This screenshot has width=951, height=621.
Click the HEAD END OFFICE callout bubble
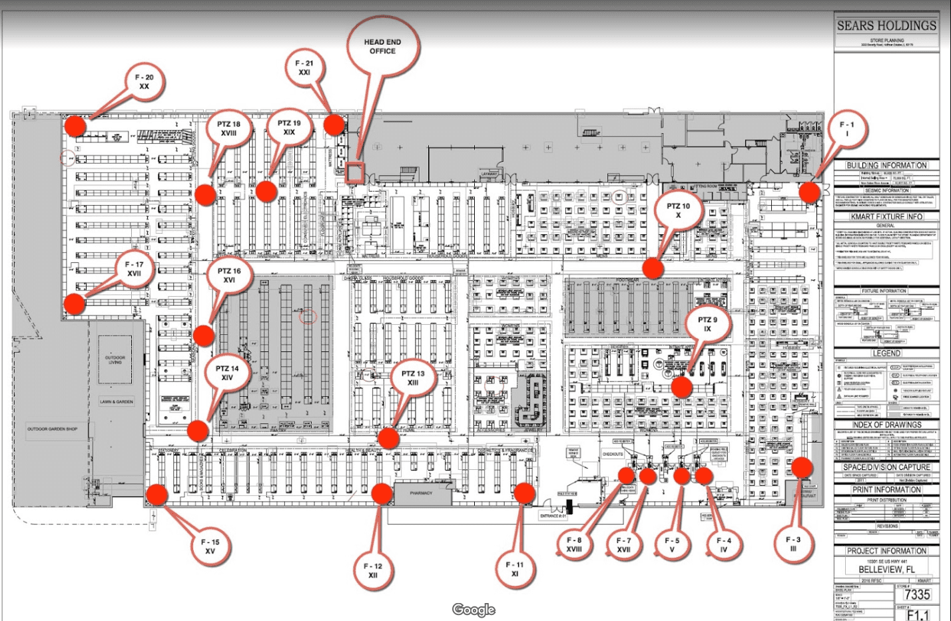coord(382,46)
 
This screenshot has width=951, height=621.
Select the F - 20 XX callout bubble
coord(144,82)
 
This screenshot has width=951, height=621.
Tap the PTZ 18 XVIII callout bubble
coord(228,128)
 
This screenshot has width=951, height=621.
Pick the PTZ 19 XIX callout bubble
coord(289,127)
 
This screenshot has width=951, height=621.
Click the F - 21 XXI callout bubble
coord(304,67)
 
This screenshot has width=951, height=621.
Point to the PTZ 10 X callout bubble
coord(678,210)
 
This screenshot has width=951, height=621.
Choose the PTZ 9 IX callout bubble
coord(707,324)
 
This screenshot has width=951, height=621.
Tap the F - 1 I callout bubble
coord(846,128)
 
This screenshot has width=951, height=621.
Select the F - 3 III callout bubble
coord(792,544)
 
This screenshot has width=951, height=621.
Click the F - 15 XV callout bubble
coord(210,546)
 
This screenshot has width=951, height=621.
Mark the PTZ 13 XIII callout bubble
coord(413,378)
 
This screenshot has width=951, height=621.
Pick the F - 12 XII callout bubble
coord(373,570)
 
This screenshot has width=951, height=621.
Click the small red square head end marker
coord(354,173)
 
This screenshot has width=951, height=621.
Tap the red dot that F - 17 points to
coord(75,304)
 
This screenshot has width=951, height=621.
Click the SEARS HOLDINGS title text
coord(886,26)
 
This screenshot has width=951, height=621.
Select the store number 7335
coord(916,594)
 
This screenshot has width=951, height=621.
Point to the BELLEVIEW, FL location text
coord(886,570)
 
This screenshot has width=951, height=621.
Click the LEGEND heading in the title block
coord(886,353)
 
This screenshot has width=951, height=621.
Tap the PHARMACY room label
coord(421,493)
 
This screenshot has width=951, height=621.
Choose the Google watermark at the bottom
coord(474,610)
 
